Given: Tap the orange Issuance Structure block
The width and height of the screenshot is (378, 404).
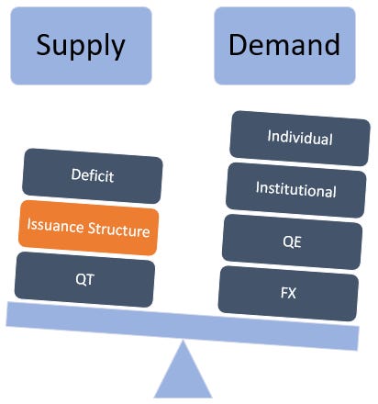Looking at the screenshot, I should pos(88,229).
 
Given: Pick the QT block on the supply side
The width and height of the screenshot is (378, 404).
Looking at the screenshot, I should pos(84,278).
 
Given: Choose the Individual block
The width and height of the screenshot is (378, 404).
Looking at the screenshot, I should pos(299,138).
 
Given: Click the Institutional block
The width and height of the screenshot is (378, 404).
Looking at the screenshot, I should pos(295,190).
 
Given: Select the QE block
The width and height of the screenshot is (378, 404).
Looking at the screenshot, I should pos(292,241).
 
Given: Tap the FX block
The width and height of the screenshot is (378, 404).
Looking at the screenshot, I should pos(288,293).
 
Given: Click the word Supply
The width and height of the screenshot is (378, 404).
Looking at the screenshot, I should pos(81,45).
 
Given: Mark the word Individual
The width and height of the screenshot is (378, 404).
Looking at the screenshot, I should pos(299,138).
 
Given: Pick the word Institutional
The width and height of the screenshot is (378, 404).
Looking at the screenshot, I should pos(295,190).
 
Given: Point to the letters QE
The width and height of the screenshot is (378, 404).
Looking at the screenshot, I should pos(292,241).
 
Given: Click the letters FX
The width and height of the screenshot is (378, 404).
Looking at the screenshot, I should pos(288,293).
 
